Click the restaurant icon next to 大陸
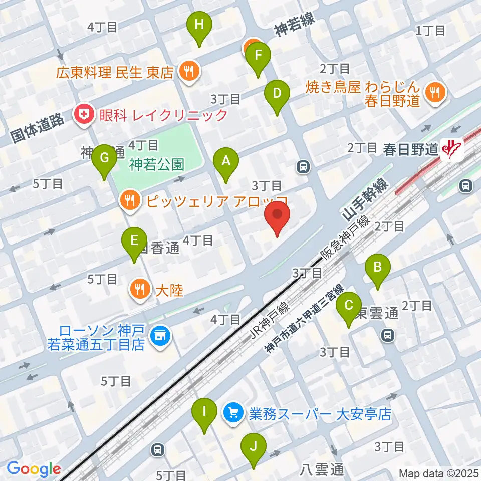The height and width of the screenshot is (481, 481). point(138,289)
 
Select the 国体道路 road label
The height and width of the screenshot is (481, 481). point(38,129)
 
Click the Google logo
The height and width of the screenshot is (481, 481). point(34,469)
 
